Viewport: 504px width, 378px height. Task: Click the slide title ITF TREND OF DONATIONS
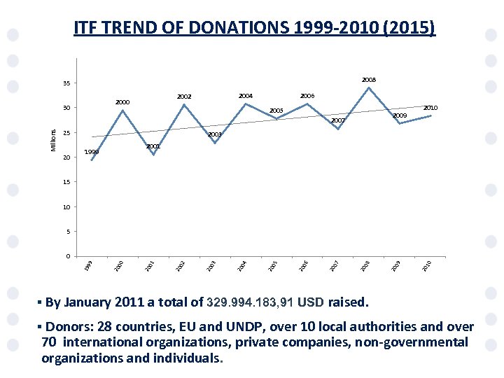pos(254,28)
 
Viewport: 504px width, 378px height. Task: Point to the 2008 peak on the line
pos(369,87)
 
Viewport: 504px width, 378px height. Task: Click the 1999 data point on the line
pos(92,160)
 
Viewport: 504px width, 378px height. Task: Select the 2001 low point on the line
pos(153,155)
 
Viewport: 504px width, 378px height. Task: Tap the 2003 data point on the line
pos(215,143)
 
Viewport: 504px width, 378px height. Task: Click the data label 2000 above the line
pos(122,102)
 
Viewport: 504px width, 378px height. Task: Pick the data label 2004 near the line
pos(245,95)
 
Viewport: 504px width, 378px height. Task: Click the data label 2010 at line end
pos(430,108)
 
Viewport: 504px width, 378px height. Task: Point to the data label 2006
pos(307,95)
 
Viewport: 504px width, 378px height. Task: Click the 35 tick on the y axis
pos(66,84)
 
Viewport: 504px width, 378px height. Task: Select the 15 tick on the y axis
pos(66,182)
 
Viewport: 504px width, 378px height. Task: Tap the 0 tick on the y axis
pos(68,255)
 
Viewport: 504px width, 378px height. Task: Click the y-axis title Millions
pos(53,139)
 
